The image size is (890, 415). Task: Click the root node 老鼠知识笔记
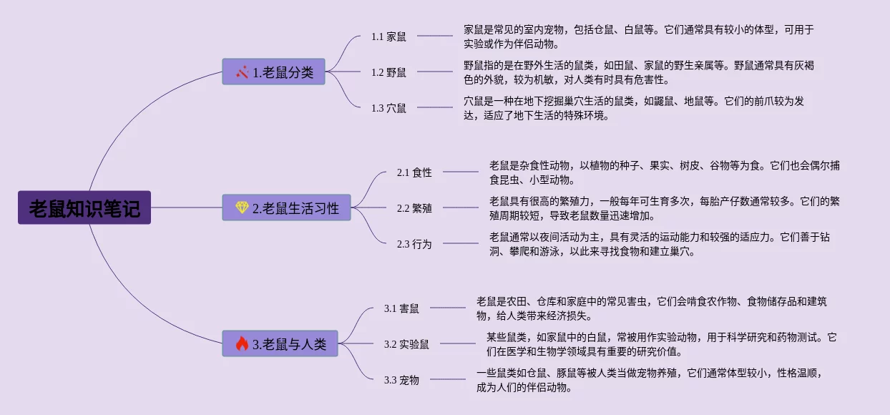click(84, 207)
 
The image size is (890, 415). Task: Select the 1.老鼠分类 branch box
click(273, 72)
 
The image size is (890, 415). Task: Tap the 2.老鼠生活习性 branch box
click(286, 207)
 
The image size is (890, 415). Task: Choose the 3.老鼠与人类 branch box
click(280, 344)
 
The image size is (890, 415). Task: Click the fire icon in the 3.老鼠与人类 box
click(242, 344)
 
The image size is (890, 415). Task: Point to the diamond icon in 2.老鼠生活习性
click(242, 207)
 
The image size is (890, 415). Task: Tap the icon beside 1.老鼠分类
click(243, 72)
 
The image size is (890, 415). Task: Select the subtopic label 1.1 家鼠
click(388, 36)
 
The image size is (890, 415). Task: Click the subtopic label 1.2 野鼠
click(388, 72)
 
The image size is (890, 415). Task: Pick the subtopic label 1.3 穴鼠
click(388, 108)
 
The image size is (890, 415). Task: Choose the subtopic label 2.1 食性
click(414, 172)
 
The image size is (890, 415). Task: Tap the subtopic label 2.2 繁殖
click(414, 208)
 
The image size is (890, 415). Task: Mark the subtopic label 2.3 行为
click(414, 244)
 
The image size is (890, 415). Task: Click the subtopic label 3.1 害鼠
click(401, 308)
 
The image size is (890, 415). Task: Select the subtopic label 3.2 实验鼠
click(406, 344)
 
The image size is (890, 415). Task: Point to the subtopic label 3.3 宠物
click(401, 380)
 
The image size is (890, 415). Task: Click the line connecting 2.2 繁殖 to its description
click(460, 208)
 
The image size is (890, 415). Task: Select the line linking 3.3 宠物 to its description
click(447, 380)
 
